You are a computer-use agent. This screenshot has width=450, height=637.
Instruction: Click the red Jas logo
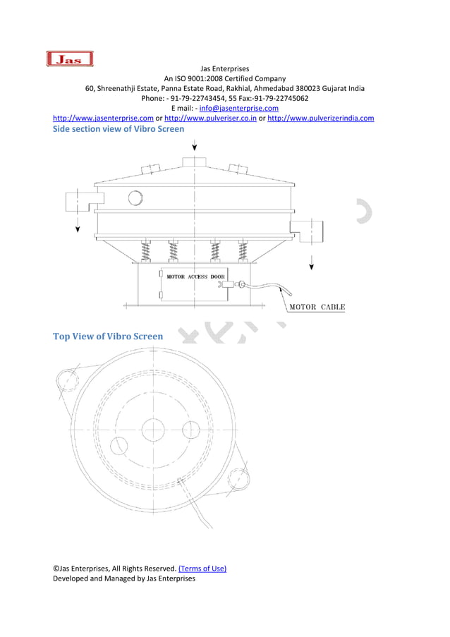point(69,59)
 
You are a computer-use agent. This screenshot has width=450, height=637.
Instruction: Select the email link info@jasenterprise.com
point(238,109)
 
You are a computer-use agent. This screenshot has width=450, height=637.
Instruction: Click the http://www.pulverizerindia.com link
point(321,118)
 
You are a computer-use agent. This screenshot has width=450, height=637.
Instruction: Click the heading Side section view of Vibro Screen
point(119,129)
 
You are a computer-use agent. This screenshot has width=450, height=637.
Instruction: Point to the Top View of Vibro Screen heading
point(108,336)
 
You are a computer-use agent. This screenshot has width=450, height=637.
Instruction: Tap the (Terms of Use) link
point(202,568)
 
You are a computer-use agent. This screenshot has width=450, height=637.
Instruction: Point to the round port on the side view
point(135,198)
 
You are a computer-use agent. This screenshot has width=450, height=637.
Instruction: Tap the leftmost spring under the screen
point(147,250)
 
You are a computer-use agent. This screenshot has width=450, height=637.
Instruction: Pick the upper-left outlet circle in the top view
point(67,381)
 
